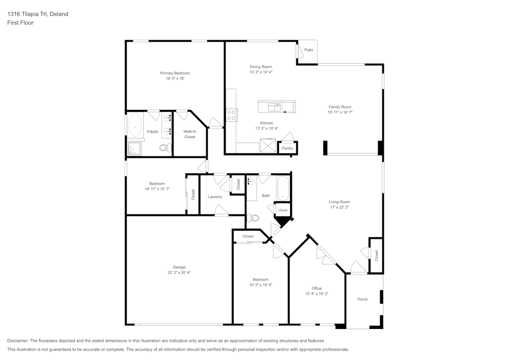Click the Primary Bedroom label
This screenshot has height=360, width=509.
click(x=175, y=73)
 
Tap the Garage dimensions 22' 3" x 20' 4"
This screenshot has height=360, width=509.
click(x=179, y=273)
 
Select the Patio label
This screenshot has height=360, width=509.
click(x=309, y=50)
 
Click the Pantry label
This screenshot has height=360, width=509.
click(x=288, y=148)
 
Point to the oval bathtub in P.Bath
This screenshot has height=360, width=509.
click(x=135, y=125)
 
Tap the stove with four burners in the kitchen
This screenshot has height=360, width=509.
click(x=232, y=115)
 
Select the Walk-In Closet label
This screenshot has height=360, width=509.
click(x=190, y=134)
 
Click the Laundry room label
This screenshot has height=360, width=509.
click(x=215, y=197)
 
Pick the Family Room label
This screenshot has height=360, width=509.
click(x=340, y=107)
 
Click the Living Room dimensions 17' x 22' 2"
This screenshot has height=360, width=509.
click(x=340, y=207)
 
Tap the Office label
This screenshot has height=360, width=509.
click(x=317, y=288)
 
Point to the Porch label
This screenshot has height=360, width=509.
click(x=362, y=299)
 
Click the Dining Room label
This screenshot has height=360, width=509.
click(x=261, y=67)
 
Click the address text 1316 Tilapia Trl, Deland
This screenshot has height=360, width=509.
click(x=38, y=14)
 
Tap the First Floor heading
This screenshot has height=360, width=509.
click(x=20, y=23)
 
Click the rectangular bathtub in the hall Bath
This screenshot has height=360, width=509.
click(x=283, y=188)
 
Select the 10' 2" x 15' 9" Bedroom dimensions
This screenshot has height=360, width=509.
click(x=261, y=285)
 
